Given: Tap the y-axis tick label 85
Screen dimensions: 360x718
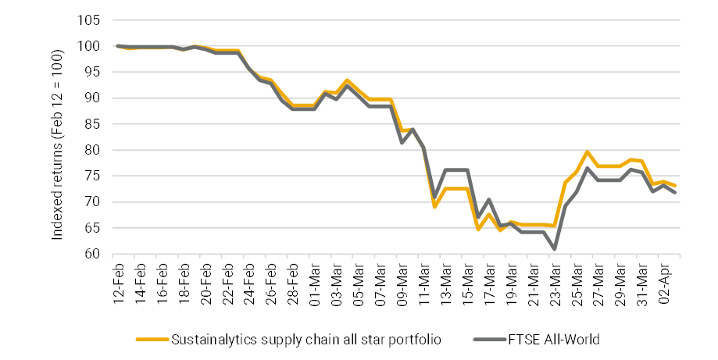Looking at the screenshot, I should pos(91,124).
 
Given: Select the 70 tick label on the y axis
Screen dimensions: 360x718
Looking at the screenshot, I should pos(91,202).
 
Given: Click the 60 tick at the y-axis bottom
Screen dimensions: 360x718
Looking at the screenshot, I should pos(91,254).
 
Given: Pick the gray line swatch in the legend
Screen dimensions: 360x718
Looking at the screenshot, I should pos(491,340).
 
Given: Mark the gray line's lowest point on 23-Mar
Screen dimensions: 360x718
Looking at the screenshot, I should pos(554,248).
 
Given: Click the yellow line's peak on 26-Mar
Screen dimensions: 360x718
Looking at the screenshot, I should pos(587,152).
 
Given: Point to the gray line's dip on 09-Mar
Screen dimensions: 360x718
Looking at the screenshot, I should pos(402,143).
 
